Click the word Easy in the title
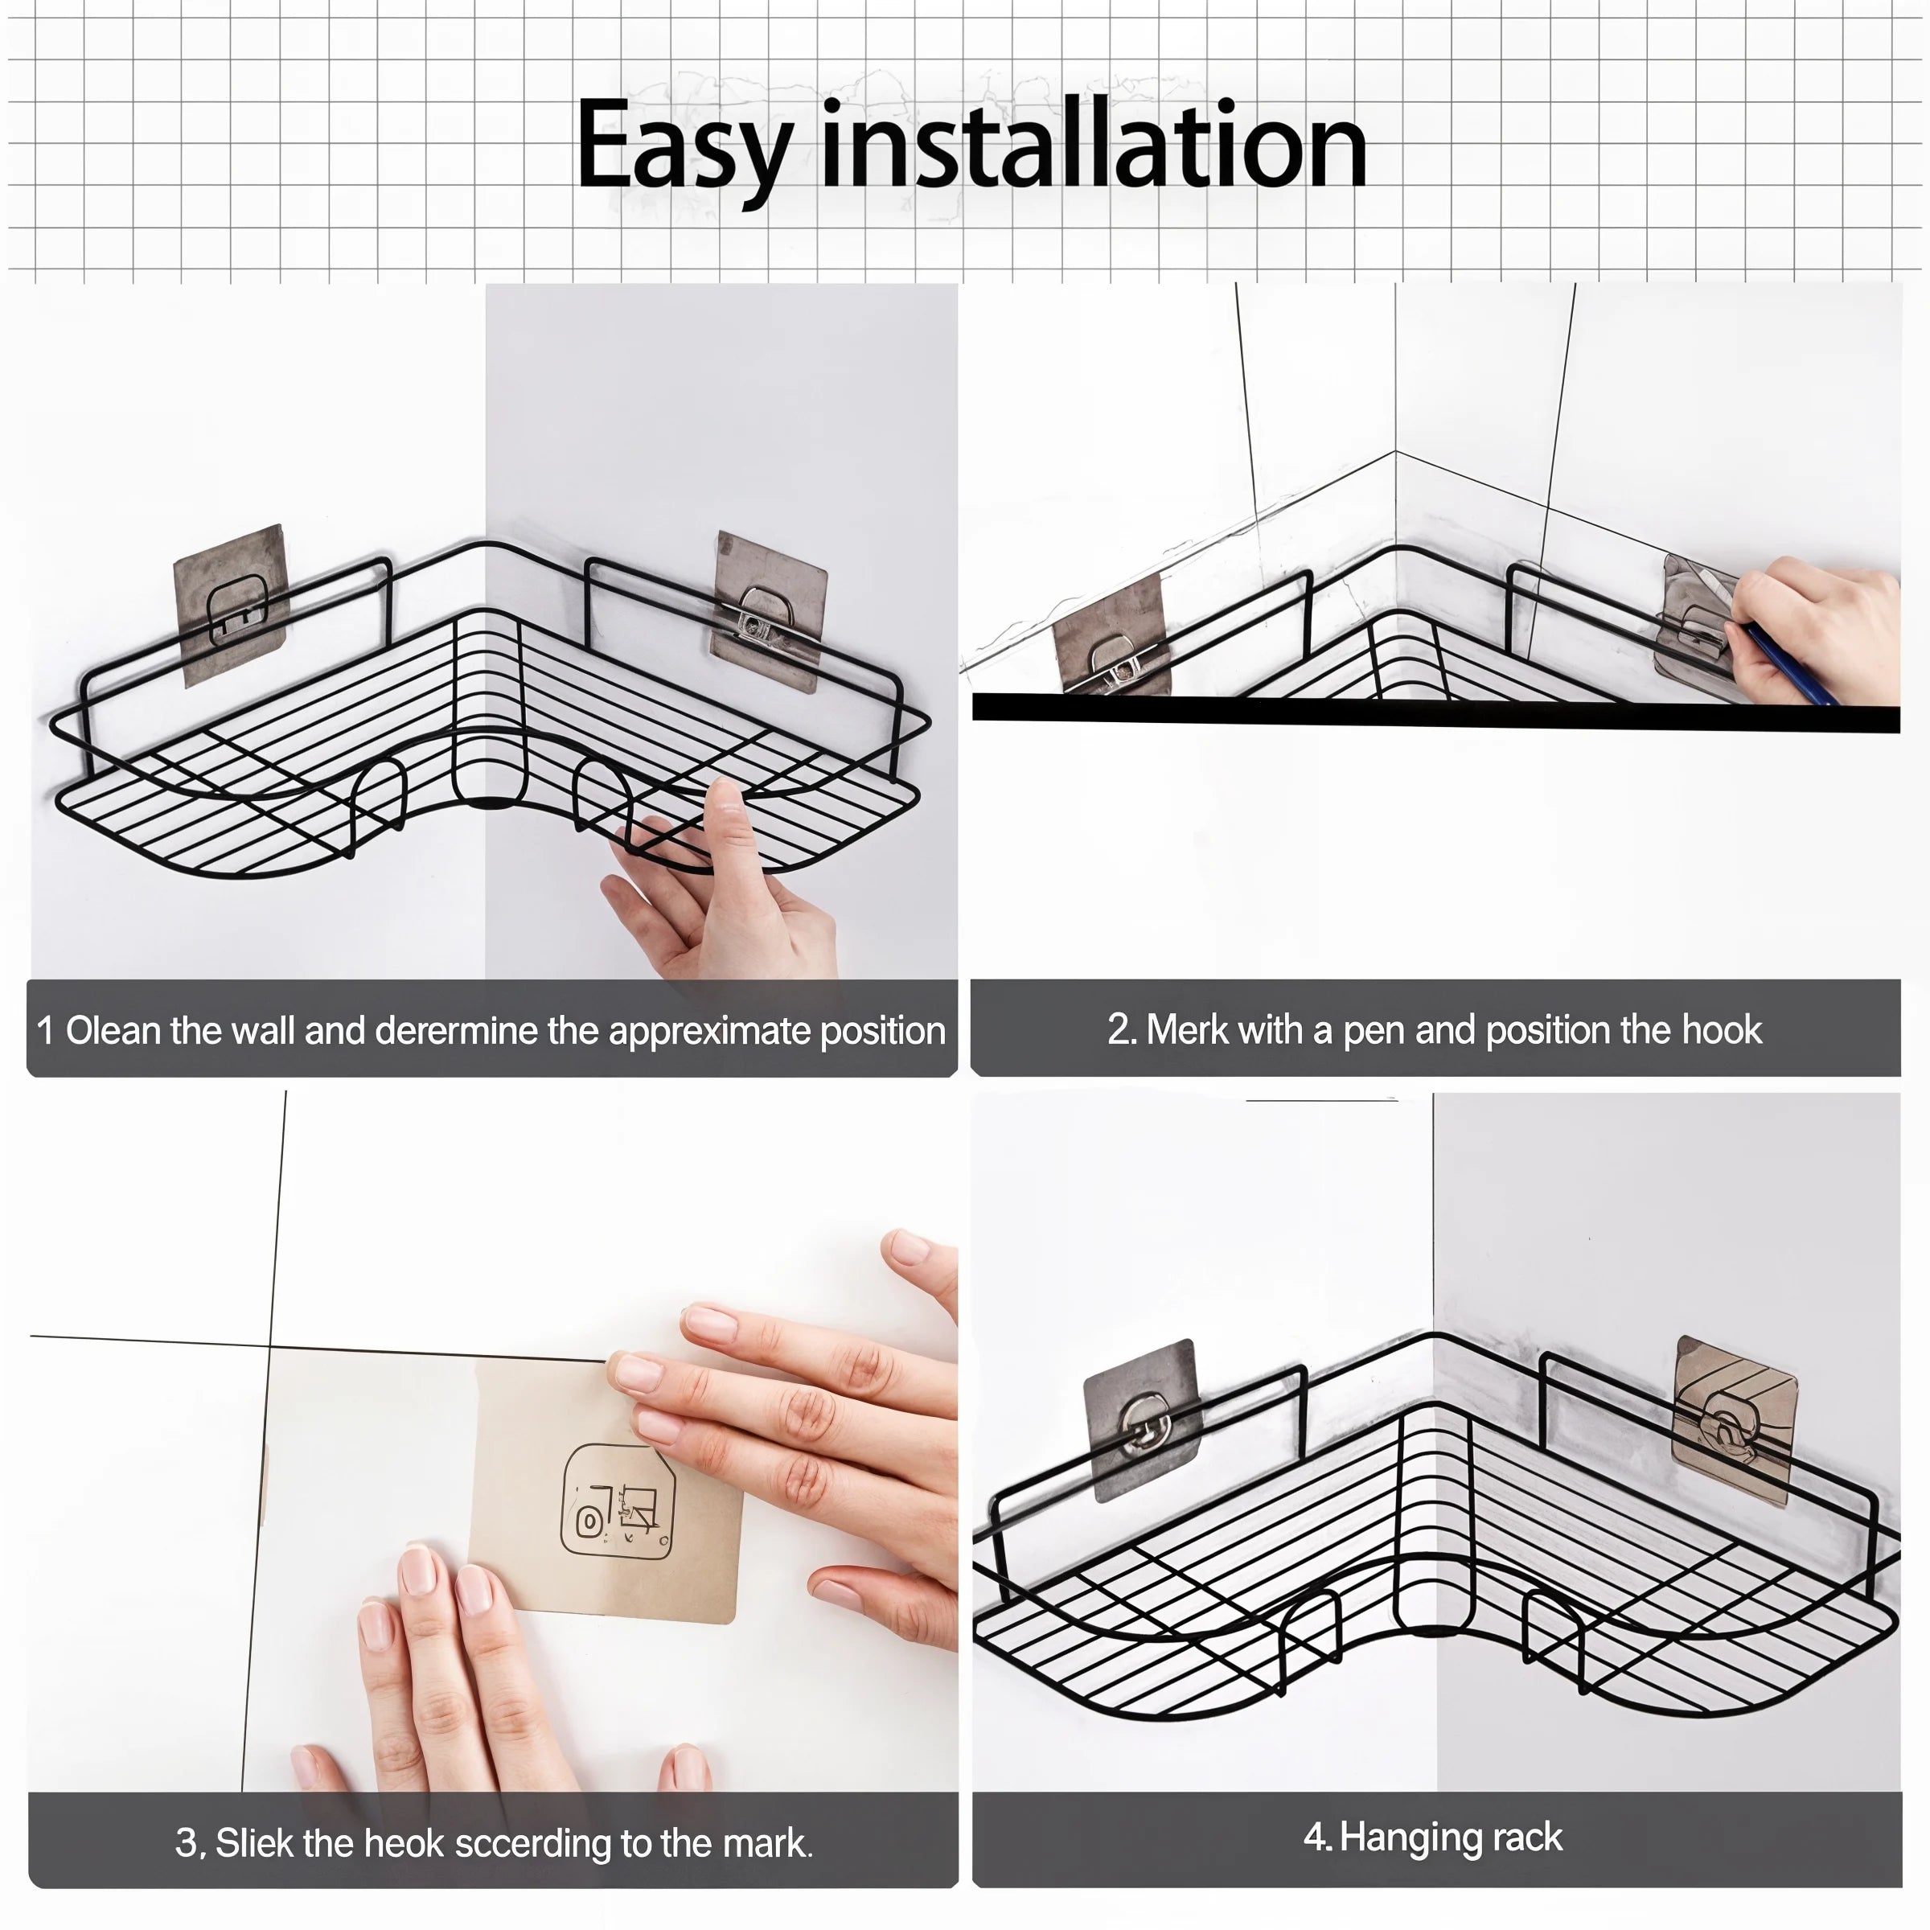tap(684, 148)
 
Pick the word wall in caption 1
tap(264, 1030)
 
